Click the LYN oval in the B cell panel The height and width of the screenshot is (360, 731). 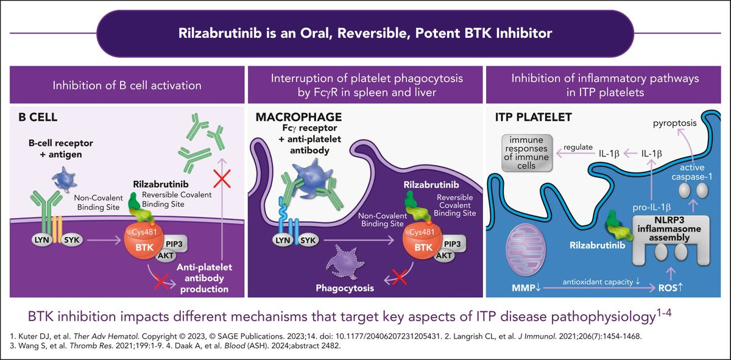pyautogui.click(x=41, y=240)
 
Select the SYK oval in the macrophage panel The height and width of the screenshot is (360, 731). pyautogui.click(x=308, y=241)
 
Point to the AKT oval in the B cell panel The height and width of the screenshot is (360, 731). pyautogui.click(x=166, y=256)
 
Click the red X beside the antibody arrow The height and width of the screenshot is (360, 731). pyautogui.click(x=222, y=178)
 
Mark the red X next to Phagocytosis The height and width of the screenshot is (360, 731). pyautogui.click(x=399, y=278)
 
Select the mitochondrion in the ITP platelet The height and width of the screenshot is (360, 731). pyautogui.click(x=525, y=250)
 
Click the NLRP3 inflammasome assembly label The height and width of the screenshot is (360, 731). pyautogui.click(x=669, y=229)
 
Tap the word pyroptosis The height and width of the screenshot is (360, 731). pyautogui.click(x=674, y=123)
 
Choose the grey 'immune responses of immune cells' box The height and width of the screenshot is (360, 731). pyautogui.click(x=527, y=153)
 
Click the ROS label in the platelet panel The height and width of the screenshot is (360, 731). pyautogui.click(x=670, y=288)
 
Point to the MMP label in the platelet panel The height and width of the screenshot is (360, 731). pyautogui.click(x=526, y=288)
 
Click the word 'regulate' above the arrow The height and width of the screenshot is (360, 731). pyautogui.click(x=578, y=147)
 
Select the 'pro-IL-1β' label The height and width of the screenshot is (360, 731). pyautogui.click(x=652, y=207)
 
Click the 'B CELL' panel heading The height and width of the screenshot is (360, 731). pyautogui.click(x=38, y=117)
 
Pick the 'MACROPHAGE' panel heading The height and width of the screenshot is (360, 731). pyautogui.click(x=298, y=117)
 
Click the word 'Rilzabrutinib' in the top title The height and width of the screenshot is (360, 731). pyautogui.click(x=220, y=34)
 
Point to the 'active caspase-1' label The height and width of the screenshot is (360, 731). pyautogui.click(x=691, y=172)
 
